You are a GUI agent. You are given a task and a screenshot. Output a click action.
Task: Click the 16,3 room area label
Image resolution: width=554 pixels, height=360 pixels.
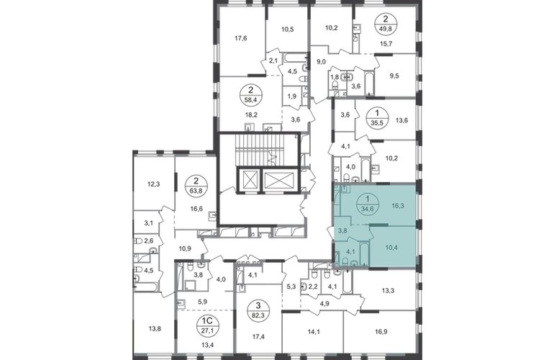click(x=395, y=205)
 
